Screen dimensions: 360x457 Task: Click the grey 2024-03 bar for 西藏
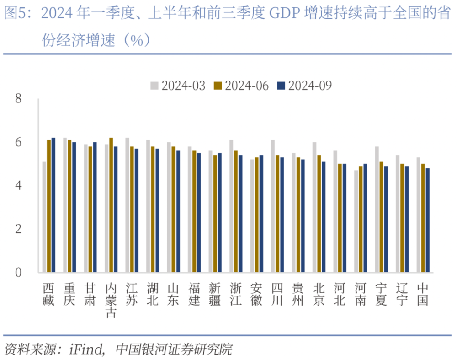click(x=44, y=217)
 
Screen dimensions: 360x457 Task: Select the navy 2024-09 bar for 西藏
click(x=53, y=205)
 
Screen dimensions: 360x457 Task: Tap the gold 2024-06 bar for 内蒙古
click(x=111, y=205)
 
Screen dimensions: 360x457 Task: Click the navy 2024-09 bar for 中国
click(x=427, y=220)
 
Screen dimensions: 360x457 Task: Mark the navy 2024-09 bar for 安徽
click(x=261, y=214)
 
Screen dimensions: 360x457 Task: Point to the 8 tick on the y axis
click(x=19, y=99)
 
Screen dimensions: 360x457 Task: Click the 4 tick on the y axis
click(x=19, y=186)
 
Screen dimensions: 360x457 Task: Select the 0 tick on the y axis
click(x=19, y=273)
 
